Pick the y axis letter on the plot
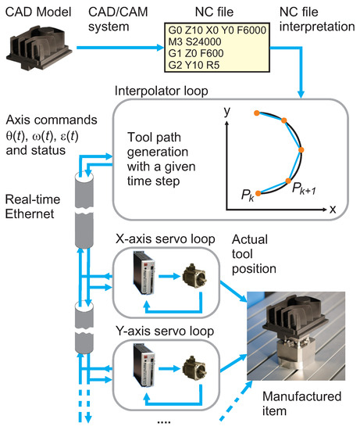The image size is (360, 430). [226, 113]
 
